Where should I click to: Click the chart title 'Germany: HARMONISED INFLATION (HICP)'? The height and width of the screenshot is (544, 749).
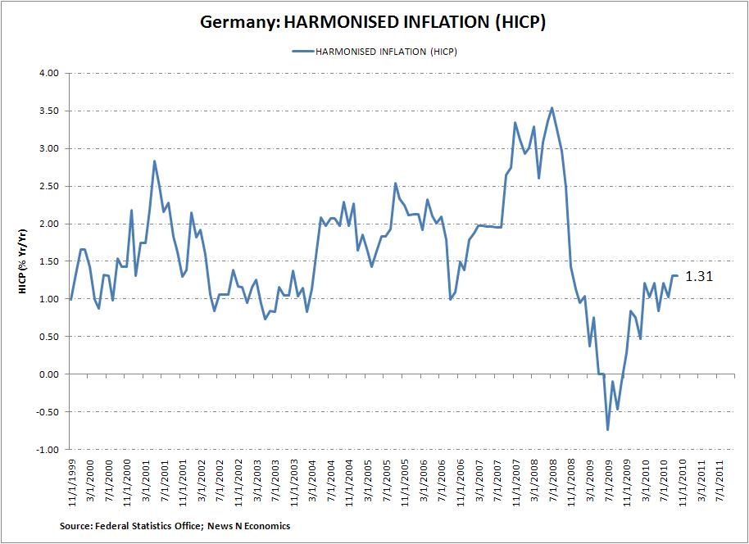(374, 22)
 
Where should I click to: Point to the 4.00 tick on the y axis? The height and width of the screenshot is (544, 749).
(48, 73)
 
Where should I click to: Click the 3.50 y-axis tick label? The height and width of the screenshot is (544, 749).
(48, 111)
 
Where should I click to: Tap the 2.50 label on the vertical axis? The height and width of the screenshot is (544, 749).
(48, 186)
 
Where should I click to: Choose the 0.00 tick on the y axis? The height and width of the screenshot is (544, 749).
(48, 374)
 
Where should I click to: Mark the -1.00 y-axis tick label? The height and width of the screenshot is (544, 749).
(48, 450)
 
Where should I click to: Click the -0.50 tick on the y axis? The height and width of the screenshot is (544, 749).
(48, 412)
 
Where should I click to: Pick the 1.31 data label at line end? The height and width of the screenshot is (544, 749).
(699, 277)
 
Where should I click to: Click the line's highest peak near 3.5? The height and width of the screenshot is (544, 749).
(552, 107)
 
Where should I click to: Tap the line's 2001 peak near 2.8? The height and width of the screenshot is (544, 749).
(154, 161)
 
